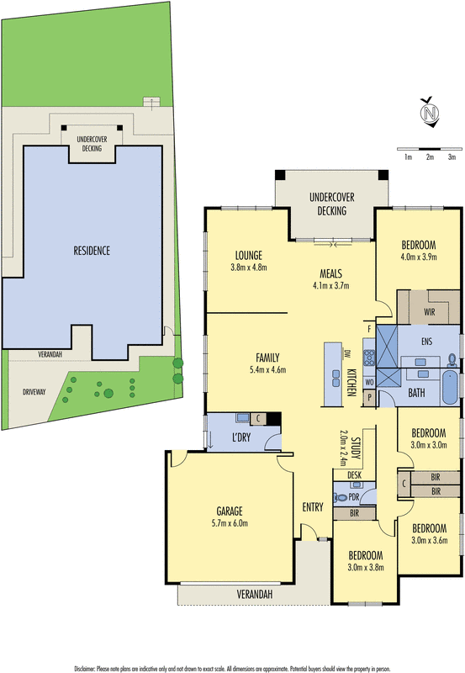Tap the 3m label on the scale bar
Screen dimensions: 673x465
(452, 157)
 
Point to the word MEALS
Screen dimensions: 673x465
(330, 273)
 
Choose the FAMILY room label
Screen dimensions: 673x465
(268, 357)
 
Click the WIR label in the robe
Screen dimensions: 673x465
(430, 310)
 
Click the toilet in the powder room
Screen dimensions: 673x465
(343, 497)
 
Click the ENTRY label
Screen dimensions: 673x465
(314, 506)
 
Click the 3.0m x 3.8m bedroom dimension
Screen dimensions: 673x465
(366, 567)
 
